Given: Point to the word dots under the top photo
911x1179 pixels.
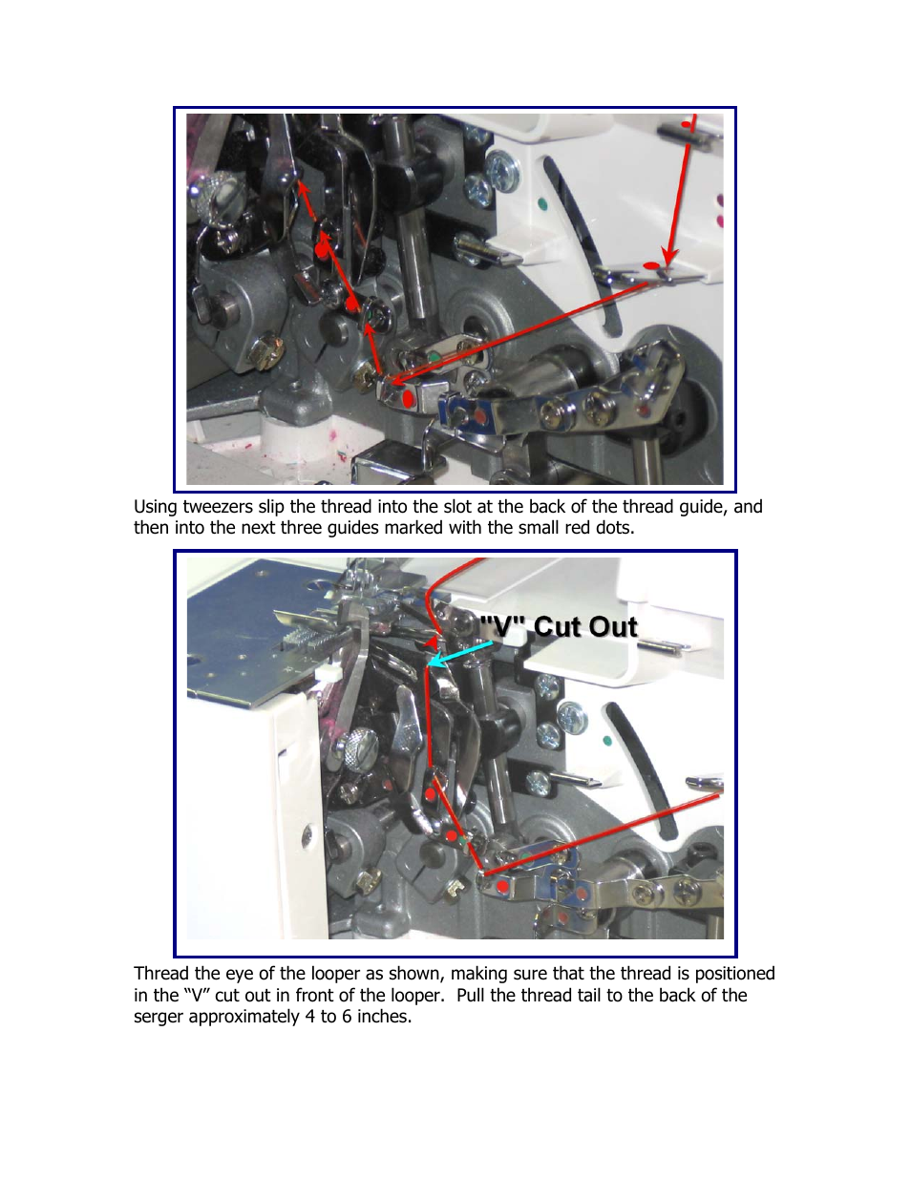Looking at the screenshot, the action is point(614,527).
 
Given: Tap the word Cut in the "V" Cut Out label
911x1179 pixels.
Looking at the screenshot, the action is point(559,627).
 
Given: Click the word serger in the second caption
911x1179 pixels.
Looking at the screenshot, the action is point(159,1016).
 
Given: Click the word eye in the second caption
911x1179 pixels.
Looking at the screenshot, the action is point(240,975).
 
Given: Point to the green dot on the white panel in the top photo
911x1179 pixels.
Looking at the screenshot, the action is point(541,204).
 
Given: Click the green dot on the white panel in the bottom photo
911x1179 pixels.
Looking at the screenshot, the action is point(607,741).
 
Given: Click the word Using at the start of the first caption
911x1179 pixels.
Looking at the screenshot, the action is point(156,507).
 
